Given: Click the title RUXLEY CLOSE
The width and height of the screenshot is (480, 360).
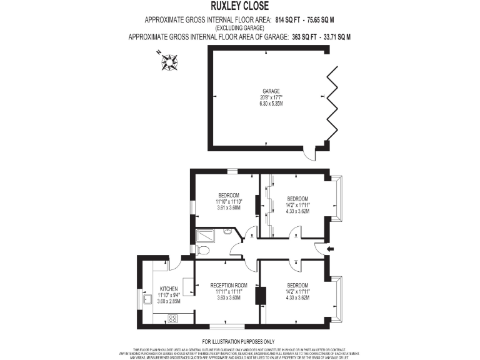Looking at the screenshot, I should click(239, 7).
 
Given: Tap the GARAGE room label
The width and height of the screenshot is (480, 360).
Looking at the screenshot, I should click(271, 91).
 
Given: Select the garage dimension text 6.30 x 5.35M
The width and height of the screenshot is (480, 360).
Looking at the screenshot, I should click(271, 104).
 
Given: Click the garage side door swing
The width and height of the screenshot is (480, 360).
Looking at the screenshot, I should click(307, 152).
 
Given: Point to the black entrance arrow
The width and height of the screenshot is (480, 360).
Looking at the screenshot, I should click(331, 249).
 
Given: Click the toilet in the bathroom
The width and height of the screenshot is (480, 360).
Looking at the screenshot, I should click(202, 250).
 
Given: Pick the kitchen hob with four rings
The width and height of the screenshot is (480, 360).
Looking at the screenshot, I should click(172, 317).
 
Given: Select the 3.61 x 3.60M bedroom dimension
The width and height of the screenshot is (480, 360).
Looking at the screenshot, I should click(229, 207).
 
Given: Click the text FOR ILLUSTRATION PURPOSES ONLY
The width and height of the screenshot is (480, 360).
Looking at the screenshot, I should click(239, 341).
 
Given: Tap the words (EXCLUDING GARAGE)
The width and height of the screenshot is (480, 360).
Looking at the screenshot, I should click(240, 29).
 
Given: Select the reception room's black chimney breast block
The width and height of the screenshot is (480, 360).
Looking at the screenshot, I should click(261, 296).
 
